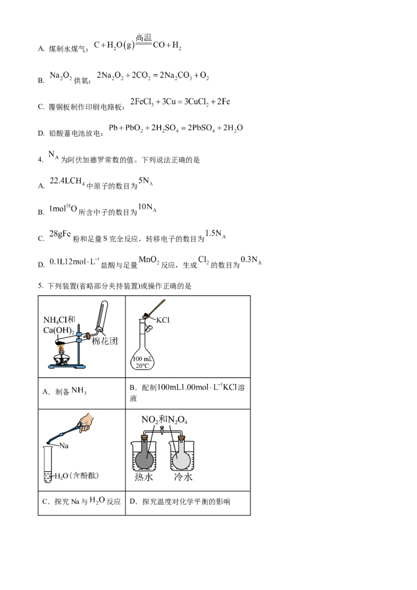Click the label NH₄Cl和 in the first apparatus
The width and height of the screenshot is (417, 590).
(59, 319)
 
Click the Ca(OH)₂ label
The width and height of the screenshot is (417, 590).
(58, 329)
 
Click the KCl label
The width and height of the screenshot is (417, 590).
(163, 320)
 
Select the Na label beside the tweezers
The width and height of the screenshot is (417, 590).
(65, 446)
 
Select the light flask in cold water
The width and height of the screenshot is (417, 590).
(182, 459)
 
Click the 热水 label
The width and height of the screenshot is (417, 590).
(143, 477)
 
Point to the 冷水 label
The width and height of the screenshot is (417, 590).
(182, 477)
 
